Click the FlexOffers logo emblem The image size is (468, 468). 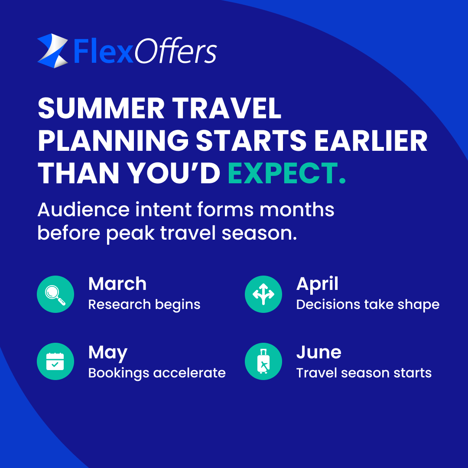52,51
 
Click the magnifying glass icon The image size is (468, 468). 55,294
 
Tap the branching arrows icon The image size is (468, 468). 263,294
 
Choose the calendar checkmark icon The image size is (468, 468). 55,361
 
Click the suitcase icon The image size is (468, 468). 263,361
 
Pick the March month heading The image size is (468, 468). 117,284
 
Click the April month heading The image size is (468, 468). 317,284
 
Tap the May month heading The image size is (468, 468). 107,353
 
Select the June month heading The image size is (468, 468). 318,352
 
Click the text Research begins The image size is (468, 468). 144,305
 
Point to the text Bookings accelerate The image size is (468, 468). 157,373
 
